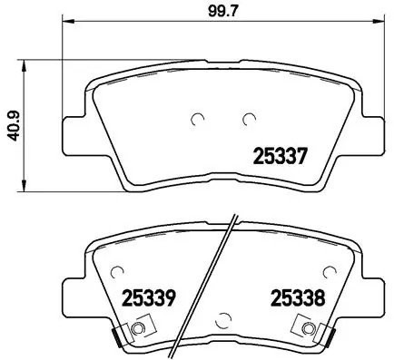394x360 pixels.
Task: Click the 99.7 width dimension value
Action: coord(224,12)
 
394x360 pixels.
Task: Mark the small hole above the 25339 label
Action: coord(116,269)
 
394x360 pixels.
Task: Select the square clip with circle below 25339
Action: coord(137,329)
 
